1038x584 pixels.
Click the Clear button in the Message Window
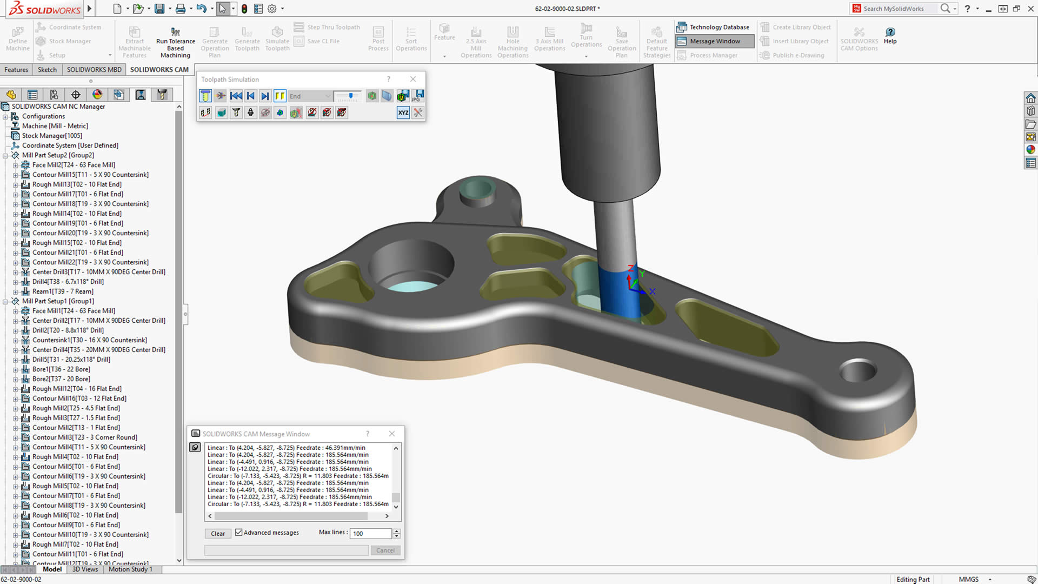click(218, 533)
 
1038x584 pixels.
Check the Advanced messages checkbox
click(238, 533)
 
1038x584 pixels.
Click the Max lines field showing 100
click(370, 533)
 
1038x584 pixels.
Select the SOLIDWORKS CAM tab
click(159, 70)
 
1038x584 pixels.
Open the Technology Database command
click(713, 27)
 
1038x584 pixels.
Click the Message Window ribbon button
click(714, 41)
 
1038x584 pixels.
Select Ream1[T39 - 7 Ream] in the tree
click(63, 291)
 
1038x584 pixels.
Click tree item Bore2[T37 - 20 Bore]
click(61, 379)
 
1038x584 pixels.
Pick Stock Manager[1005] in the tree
click(52, 136)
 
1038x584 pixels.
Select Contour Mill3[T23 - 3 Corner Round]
click(84, 437)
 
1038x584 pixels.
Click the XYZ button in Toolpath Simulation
click(403, 112)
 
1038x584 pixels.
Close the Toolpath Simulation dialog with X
click(413, 79)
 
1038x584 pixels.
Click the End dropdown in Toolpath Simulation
click(310, 96)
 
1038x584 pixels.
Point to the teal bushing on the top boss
click(477, 190)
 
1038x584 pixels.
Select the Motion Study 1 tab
click(130, 569)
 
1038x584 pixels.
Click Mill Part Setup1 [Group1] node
click(58, 301)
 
